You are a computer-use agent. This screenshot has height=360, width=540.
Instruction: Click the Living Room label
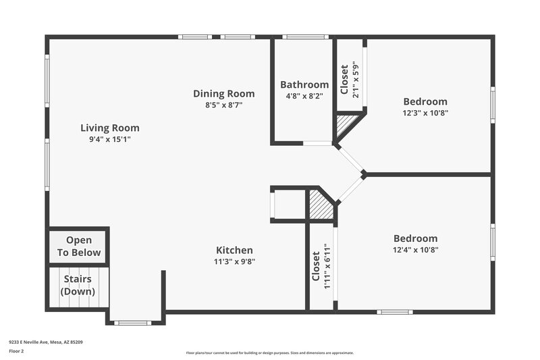(110, 128)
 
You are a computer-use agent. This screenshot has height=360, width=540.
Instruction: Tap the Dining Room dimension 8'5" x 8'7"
(223, 105)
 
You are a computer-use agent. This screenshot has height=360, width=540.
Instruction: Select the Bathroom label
(304, 84)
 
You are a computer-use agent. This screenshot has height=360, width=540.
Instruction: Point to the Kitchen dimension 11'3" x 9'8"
(234, 261)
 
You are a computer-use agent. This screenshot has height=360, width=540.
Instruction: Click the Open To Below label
(78, 247)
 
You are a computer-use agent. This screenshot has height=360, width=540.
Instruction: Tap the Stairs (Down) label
(78, 285)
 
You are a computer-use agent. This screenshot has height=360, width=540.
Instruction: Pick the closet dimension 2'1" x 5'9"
(356, 79)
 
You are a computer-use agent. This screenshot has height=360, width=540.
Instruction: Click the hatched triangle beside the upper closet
(347, 124)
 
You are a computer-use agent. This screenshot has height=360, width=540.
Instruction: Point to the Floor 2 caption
(16, 351)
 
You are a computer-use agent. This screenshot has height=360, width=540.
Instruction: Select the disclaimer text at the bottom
(269, 353)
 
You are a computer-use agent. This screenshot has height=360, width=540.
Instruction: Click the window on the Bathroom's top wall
(305, 36)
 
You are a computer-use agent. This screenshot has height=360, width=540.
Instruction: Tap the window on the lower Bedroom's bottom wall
(394, 312)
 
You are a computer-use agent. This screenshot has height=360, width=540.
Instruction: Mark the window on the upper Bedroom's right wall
(493, 105)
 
